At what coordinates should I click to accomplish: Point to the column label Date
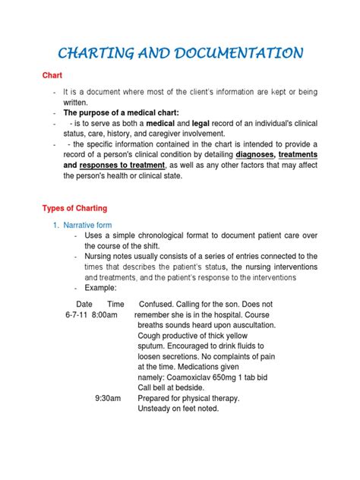pyautogui.click(x=86, y=304)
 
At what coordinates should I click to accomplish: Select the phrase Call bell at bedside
pyautogui.click(x=175, y=385)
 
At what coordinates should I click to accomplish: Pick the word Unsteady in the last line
pyautogui.click(x=156, y=409)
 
